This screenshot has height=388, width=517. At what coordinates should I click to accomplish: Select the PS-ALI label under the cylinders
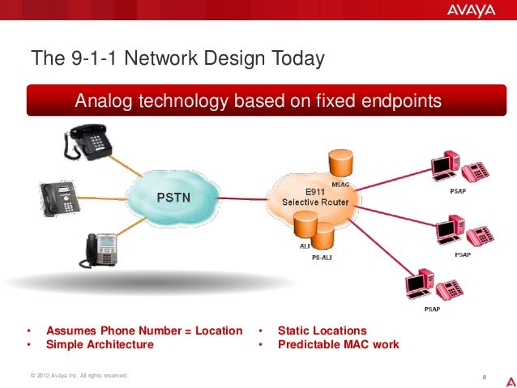coord(323,258)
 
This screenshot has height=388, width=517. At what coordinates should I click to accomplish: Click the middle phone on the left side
coord(60,197)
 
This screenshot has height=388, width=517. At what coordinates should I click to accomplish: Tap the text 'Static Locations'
coord(322,330)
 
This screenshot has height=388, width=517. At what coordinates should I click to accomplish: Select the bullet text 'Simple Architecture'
coord(100,344)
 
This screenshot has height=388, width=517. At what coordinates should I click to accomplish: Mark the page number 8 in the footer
coord(483,377)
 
